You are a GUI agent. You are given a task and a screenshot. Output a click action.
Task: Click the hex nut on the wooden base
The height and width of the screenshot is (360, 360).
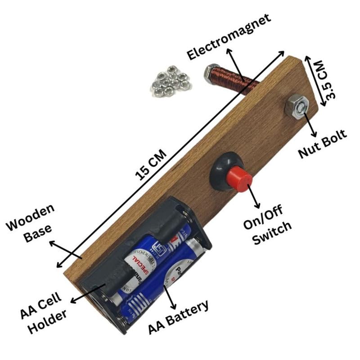(296, 106)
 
